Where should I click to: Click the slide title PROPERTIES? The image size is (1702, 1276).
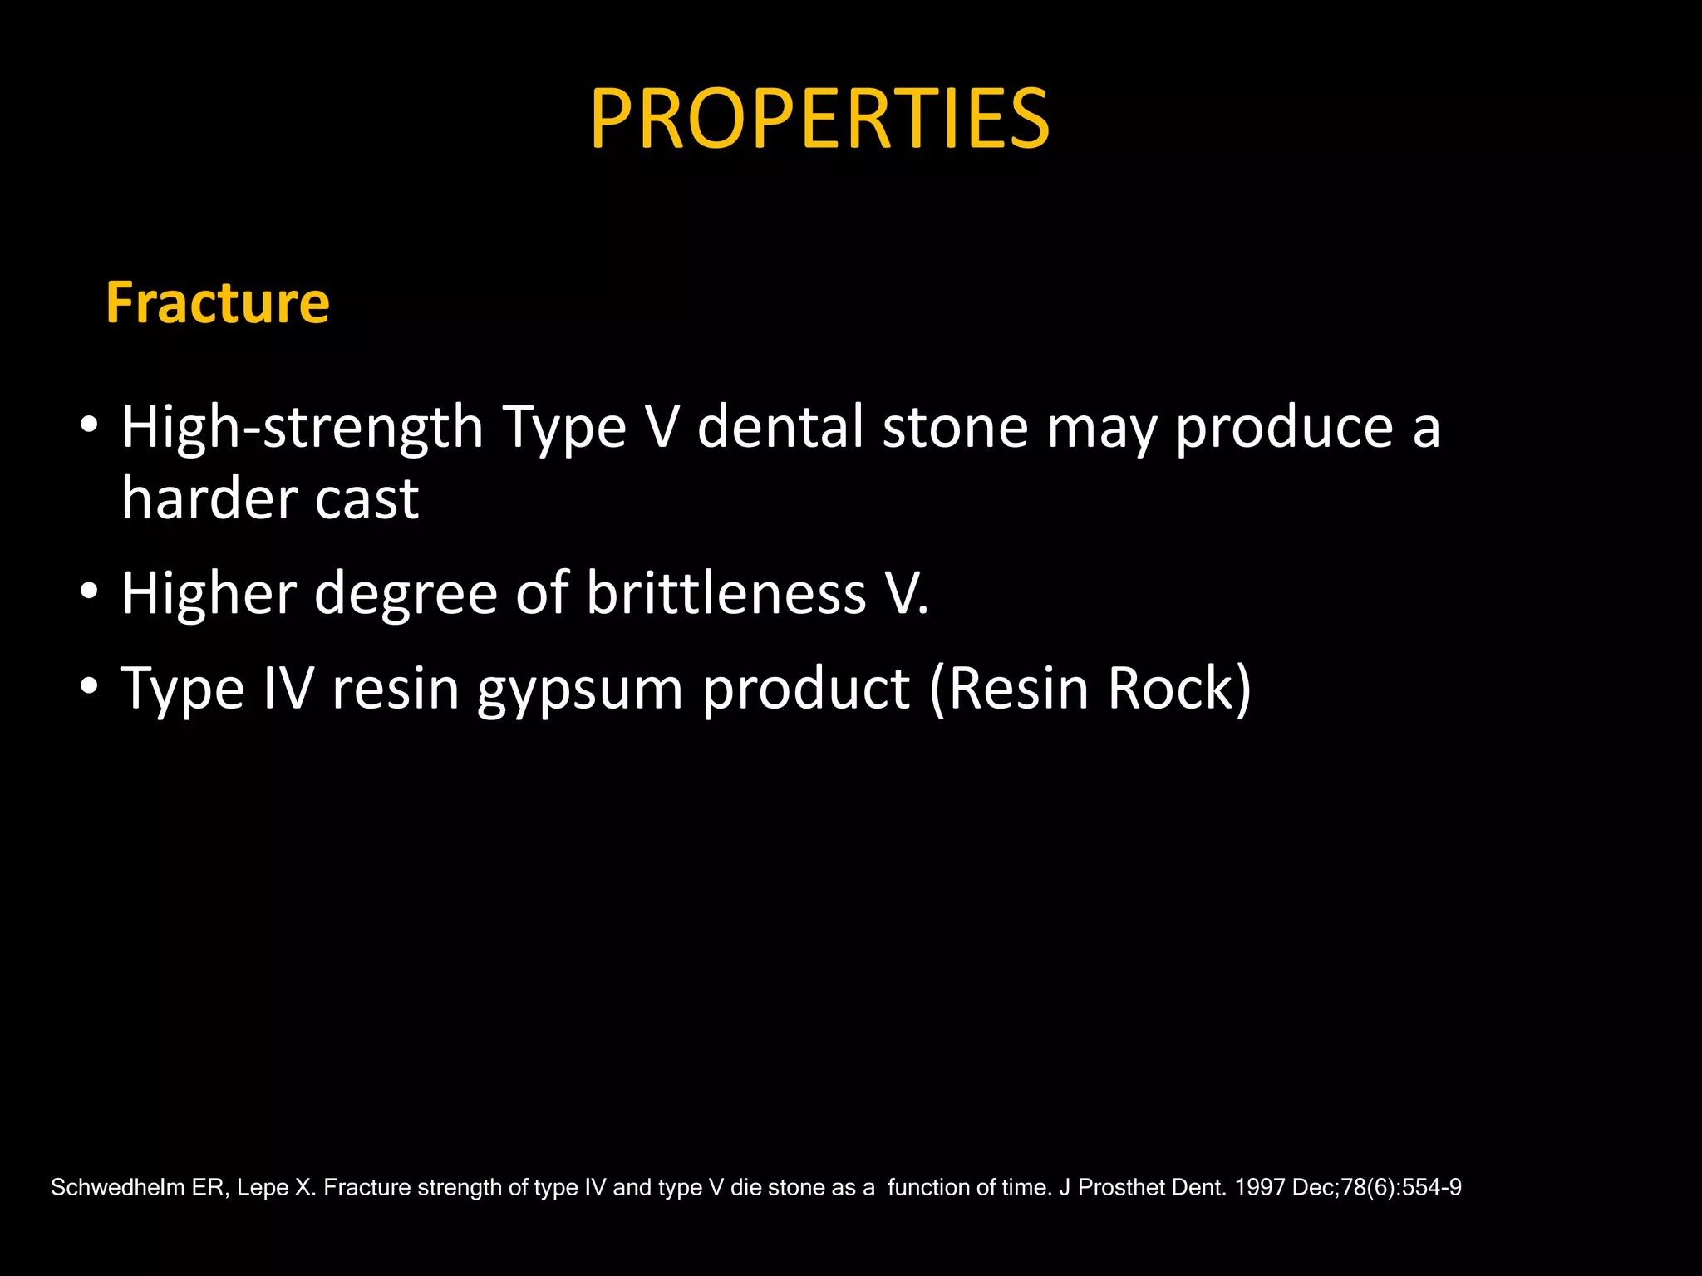(819, 120)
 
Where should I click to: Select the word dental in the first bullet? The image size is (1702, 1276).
(780, 427)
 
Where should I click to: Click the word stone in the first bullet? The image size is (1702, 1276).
(955, 427)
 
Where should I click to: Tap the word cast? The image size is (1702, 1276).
(366, 500)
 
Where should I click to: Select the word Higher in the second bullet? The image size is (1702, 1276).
(209, 593)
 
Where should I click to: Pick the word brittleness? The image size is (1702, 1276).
(726, 593)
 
